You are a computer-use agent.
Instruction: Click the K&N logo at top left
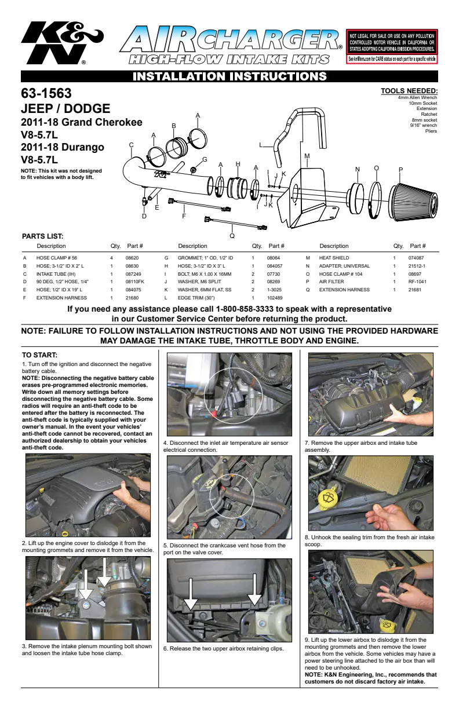62,43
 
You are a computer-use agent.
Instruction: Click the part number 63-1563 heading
46,93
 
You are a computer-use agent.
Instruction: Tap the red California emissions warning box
392,46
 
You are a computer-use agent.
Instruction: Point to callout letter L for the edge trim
261,145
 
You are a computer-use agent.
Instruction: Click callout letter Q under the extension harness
232,236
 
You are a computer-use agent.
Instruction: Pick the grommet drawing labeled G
192,170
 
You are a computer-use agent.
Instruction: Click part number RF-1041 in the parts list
417,282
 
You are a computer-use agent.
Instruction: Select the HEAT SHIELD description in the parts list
334,258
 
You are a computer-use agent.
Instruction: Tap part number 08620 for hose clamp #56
132,258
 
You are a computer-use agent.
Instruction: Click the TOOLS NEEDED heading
409,91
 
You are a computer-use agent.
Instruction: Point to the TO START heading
39,355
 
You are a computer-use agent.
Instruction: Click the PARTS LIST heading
42,236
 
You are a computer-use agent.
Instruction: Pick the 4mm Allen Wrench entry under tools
417,97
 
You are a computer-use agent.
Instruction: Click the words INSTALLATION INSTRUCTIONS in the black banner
230,76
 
